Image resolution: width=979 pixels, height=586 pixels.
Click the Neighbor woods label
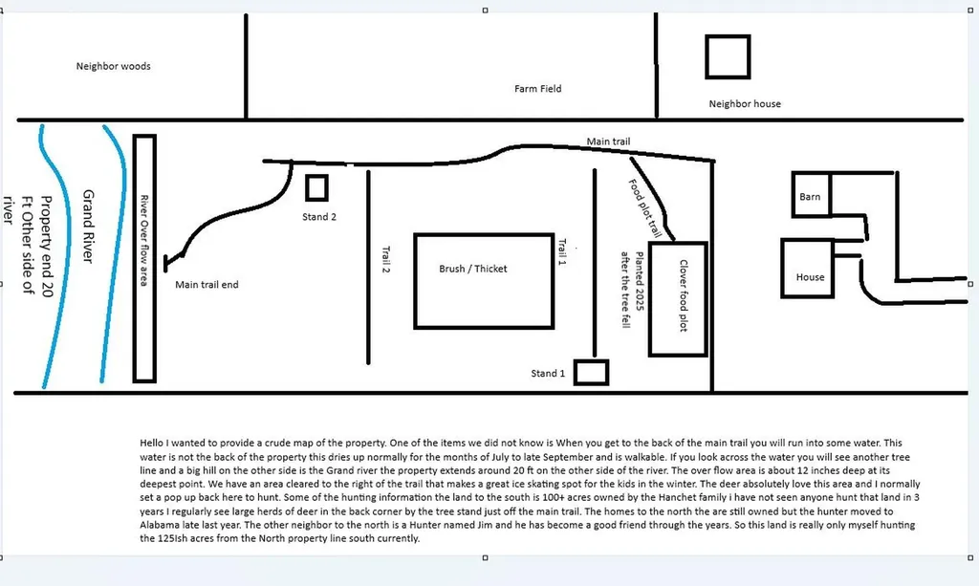point(113,66)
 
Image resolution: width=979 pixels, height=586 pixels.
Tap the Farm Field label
point(537,89)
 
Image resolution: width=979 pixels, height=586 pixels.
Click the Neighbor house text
point(744,103)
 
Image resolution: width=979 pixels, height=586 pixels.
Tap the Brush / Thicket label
point(472,269)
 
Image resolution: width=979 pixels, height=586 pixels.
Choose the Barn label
point(810,197)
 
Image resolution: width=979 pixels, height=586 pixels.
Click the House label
point(810,277)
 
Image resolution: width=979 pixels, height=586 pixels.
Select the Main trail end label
point(207,285)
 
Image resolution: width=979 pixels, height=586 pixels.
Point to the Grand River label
point(88,226)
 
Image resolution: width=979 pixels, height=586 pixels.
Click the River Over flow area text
point(143,240)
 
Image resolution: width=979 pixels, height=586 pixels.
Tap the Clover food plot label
point(683,295)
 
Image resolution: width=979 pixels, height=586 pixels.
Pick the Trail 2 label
point(386,259)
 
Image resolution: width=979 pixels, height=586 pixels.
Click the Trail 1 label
point(562,251)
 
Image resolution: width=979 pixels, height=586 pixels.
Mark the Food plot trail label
point(644,207)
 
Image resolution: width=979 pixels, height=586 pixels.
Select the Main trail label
point(608,141)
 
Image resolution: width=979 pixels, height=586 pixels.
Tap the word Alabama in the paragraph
point(160,525)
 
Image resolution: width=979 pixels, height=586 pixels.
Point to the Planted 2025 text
point(640,281)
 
